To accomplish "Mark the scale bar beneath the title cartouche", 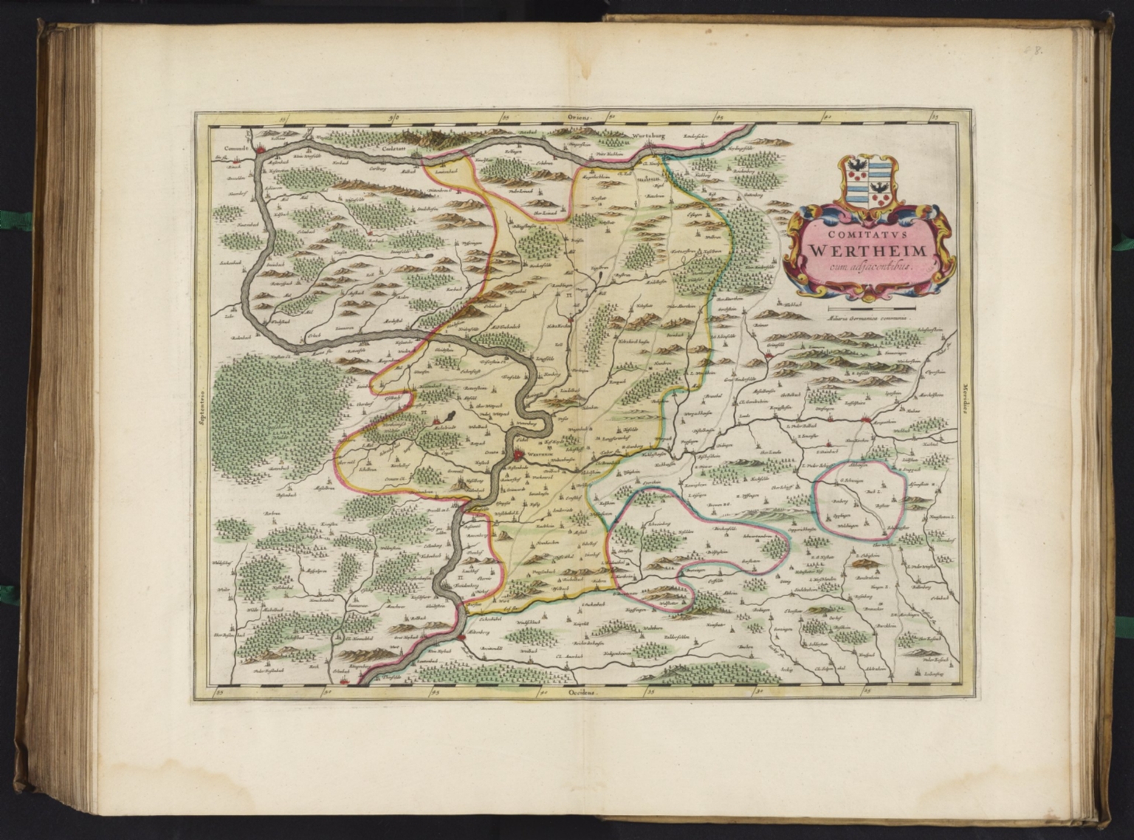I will pyautogui.click(x=871, y=306).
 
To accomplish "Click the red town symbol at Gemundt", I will pyautogui.click(x=261, y=151).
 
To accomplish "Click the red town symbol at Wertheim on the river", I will pyautogui.click(x=520, y=455).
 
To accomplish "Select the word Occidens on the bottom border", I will pyautogui.click(x=581, y=694).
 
